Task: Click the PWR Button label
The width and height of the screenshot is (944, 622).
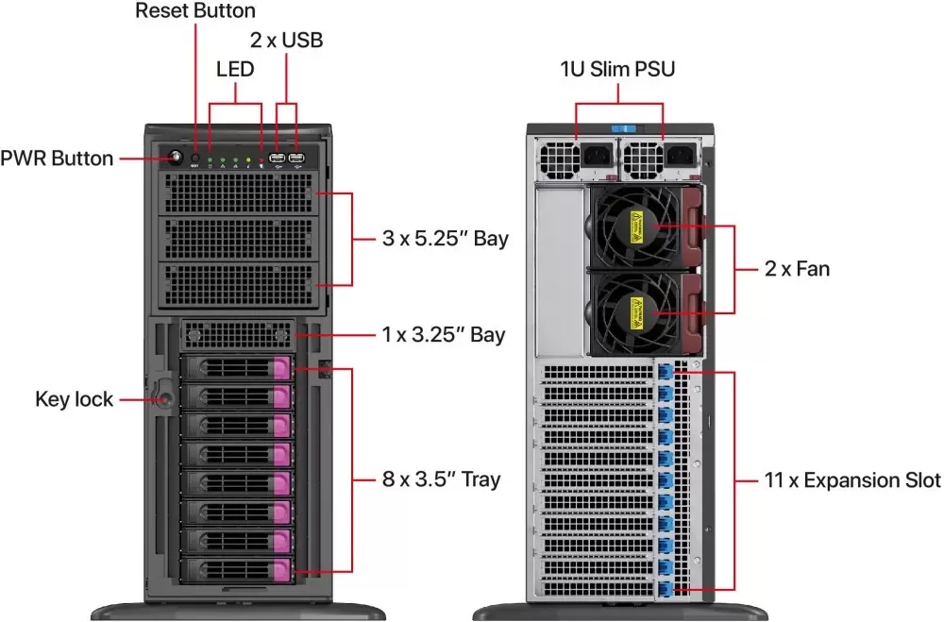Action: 57,159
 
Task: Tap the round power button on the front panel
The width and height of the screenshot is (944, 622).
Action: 176,158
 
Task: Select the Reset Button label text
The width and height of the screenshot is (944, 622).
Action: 195,10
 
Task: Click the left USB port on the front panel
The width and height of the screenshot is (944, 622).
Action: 277,159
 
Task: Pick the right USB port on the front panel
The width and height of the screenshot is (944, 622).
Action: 296,159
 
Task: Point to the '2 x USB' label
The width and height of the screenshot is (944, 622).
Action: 287,41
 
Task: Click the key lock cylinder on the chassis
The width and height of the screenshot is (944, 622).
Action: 162,398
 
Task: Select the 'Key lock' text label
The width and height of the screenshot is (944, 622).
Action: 74,399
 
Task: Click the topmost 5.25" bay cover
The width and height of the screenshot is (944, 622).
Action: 239,193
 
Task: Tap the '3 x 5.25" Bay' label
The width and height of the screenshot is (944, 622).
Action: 446,239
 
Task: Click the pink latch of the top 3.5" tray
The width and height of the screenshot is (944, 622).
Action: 281,367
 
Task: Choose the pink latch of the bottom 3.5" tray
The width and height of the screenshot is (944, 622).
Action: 281,569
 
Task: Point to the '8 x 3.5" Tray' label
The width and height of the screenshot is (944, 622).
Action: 441,479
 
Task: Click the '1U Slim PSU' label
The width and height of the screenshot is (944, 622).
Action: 617,69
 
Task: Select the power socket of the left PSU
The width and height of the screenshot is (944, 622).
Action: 598,158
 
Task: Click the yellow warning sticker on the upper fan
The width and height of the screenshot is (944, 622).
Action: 636,226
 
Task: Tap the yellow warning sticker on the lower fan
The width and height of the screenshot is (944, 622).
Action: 636,313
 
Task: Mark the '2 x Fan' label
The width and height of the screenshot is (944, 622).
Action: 797,269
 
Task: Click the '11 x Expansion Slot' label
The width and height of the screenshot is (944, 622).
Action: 852,480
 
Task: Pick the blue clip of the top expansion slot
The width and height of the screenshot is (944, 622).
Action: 666,372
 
